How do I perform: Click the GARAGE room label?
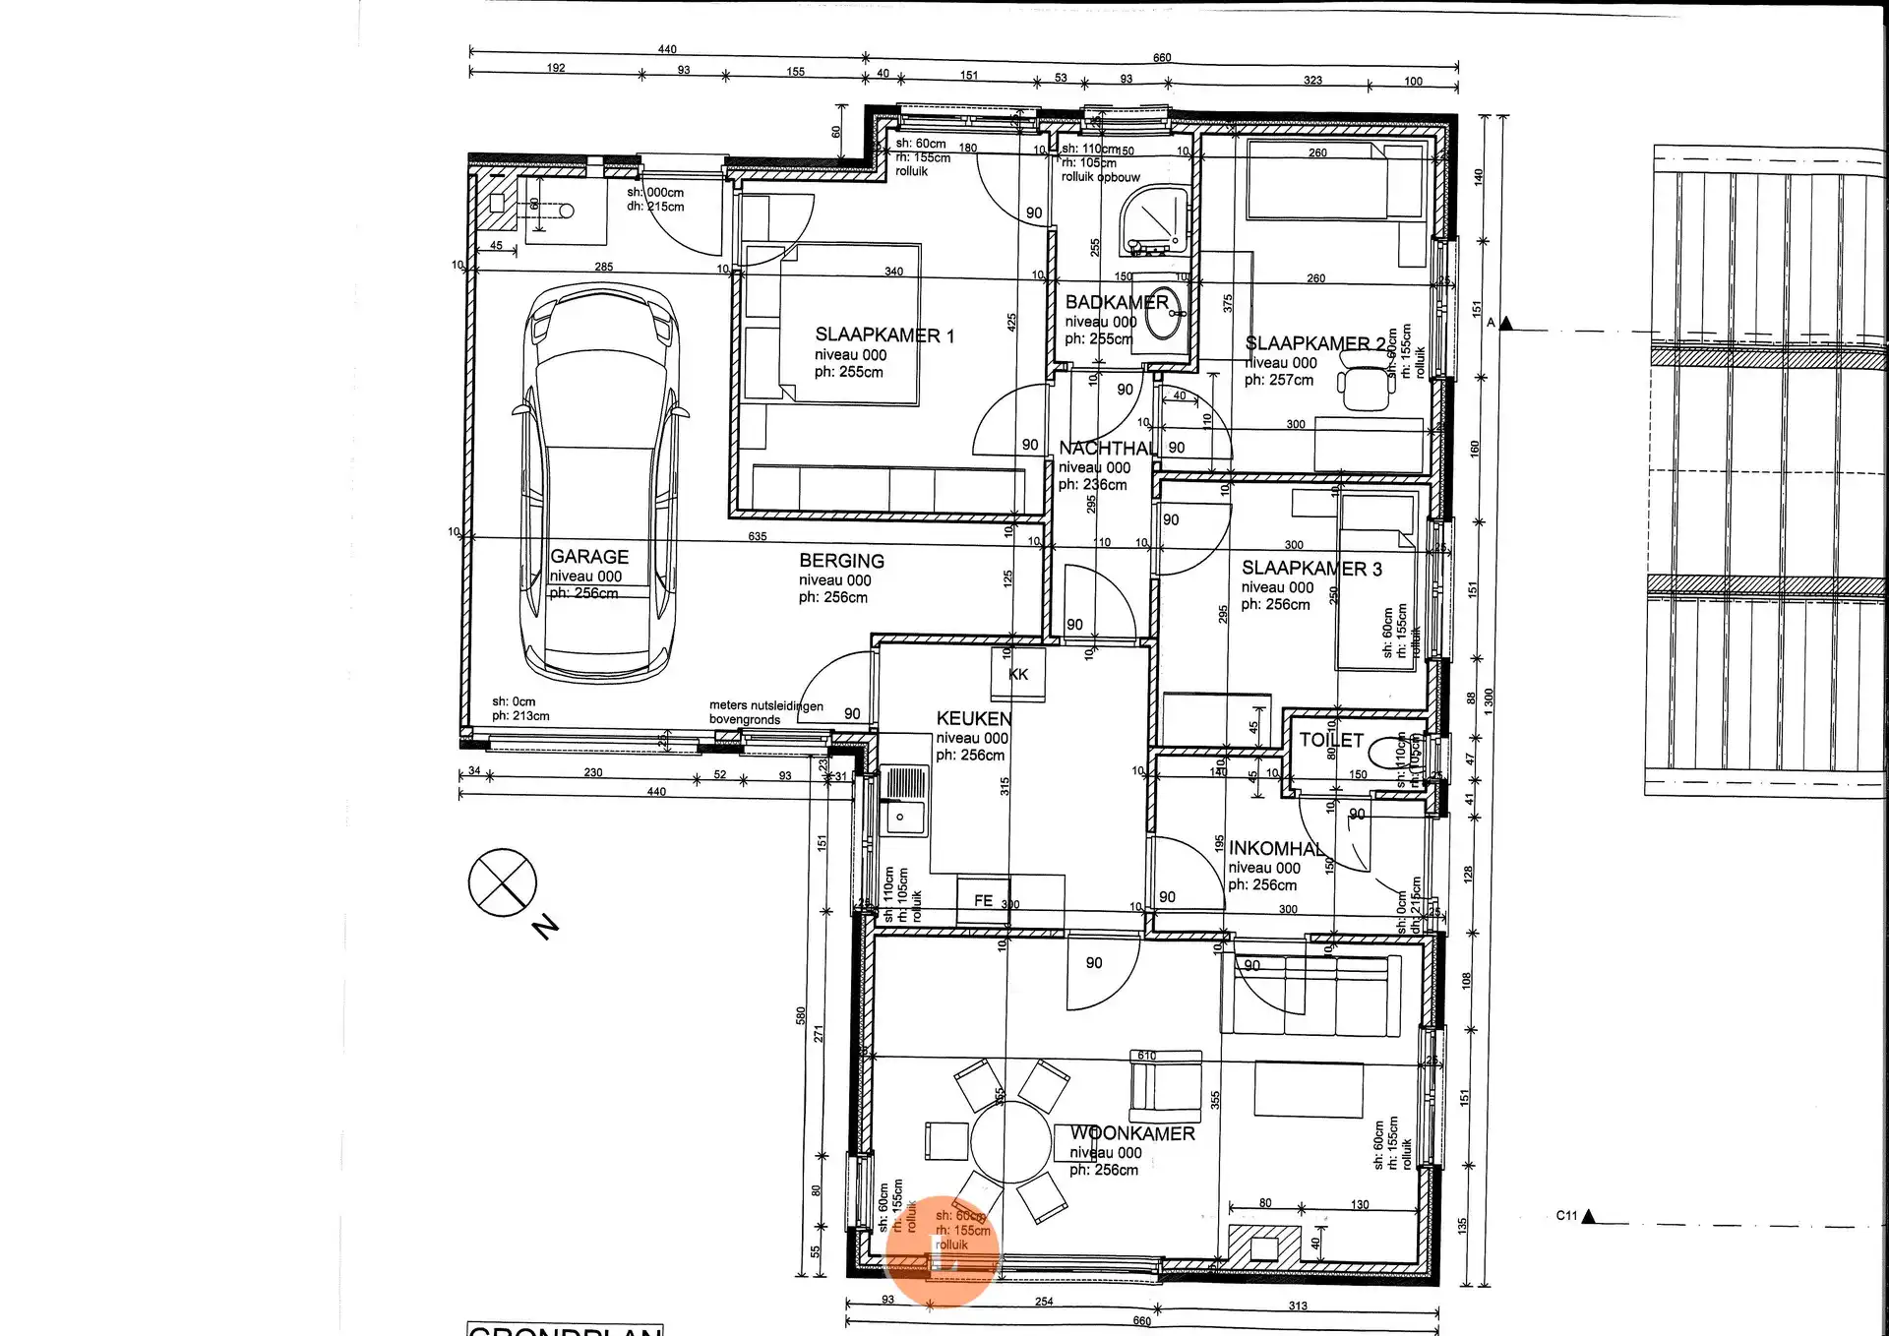pyautogui.click(x=588, y=557)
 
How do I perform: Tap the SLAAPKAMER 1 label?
pyautogui.click(x=884, y=335)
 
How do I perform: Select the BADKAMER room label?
pyautogui.click(x=1117, y=302)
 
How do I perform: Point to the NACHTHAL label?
pyautogui.click(x=1108, y=449)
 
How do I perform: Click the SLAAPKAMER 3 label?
pyautogui.click(x=1310, y=569)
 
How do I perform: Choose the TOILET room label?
pyautogui.click(x=1330, y=741)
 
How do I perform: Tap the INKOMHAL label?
pyautogui.click(x=1276, y=849)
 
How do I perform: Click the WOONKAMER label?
pyautogui.click(x=1132, y=1134)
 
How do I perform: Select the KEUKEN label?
pyautogui.click(x=973, y=719)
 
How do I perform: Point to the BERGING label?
pyautogui.click(x=841, y=561)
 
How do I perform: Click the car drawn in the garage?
pyautogui.click(x=599, y=482)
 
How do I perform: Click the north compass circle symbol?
pyautogui.click(x=502, y=882)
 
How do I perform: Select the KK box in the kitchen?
pyautogui.click(x=1017, y=675)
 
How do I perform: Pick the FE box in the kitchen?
pyautogui.click(x=983, y=900)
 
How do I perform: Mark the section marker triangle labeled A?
pyautogui.click(x=1506, y=324)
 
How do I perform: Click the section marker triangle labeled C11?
pyautogui.click(x=1588, y=1217)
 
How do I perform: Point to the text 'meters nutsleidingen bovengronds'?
pyautogui.click(x=765, y=712)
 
